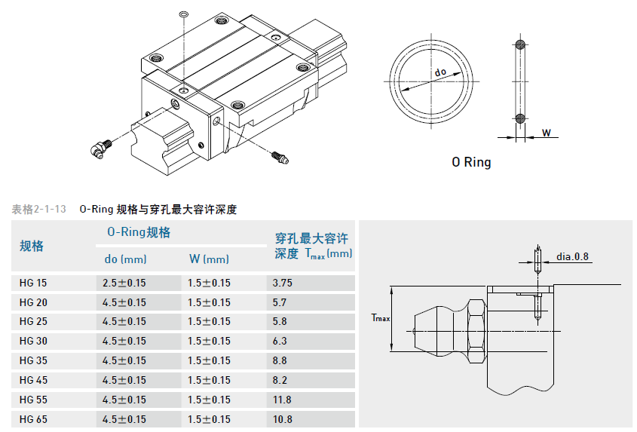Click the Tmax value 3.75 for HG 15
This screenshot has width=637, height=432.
283,283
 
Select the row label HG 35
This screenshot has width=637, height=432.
33,360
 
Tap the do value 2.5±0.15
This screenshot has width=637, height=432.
124,283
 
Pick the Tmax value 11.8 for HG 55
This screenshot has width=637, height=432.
283,400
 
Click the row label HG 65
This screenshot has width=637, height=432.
33,419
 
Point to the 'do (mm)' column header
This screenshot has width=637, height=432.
125,259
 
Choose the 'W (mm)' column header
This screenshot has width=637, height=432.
209,259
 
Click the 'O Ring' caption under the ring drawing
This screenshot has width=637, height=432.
471,162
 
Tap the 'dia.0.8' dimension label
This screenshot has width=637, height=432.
572,256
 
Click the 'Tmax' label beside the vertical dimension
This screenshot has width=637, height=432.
381,318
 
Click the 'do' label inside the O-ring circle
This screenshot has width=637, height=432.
441,72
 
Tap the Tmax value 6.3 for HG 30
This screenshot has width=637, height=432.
280,341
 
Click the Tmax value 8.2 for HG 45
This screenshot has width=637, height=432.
280,380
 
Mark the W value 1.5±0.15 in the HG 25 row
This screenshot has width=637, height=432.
209,322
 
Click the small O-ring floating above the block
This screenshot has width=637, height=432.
183,14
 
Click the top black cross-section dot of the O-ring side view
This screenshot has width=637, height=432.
519,42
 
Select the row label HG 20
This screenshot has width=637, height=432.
33,302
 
